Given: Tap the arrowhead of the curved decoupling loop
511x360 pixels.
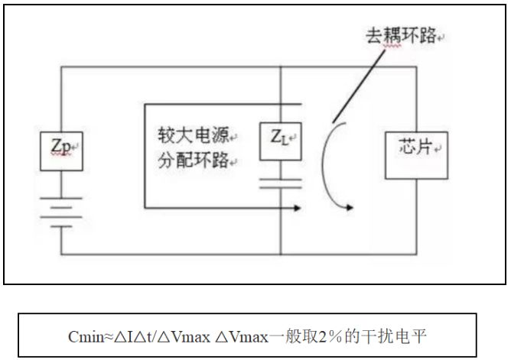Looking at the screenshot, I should pyautogui.click(x=350, y=206).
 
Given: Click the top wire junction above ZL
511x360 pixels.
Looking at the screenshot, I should pyautogui.click(x=281, y=67).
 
